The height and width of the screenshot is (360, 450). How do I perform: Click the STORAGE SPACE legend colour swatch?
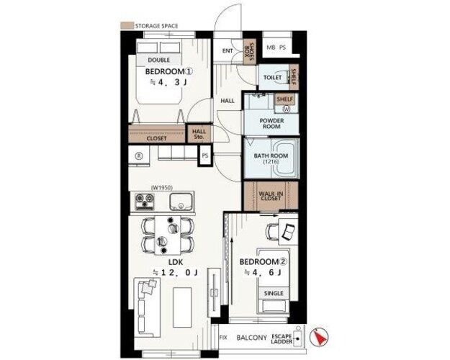coord(127,25)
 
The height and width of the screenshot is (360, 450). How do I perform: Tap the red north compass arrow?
coord(320,337)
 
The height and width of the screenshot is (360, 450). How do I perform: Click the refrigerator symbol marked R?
coord(139,156)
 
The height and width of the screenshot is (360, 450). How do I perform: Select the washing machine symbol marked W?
coord(287,109)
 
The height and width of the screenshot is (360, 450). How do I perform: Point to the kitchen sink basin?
coord(181,202)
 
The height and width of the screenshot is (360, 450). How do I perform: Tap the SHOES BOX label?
coord(249,51)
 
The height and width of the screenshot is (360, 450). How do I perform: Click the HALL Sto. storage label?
coord(199,134)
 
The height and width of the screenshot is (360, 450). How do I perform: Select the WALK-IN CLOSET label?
coord(271,196)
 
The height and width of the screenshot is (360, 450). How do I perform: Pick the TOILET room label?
coord(272,78)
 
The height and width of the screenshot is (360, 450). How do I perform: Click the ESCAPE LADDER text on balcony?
coord(282,338)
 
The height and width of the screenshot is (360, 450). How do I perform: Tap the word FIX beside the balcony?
coord(223,338)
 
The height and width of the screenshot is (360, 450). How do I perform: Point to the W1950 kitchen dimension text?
coord(161,188)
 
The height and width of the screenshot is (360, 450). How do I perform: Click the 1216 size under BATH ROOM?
coord(271,161)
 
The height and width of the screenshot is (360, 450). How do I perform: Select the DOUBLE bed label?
coord(158,60)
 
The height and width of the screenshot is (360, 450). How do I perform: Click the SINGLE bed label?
coord(274,293)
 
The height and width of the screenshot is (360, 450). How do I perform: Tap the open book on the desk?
coord(289,232)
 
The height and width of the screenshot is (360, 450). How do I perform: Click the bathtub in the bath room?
coord(284,158)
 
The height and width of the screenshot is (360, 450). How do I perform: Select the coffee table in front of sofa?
coord(182,307)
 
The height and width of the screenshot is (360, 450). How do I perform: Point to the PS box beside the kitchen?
coord(205,156)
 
